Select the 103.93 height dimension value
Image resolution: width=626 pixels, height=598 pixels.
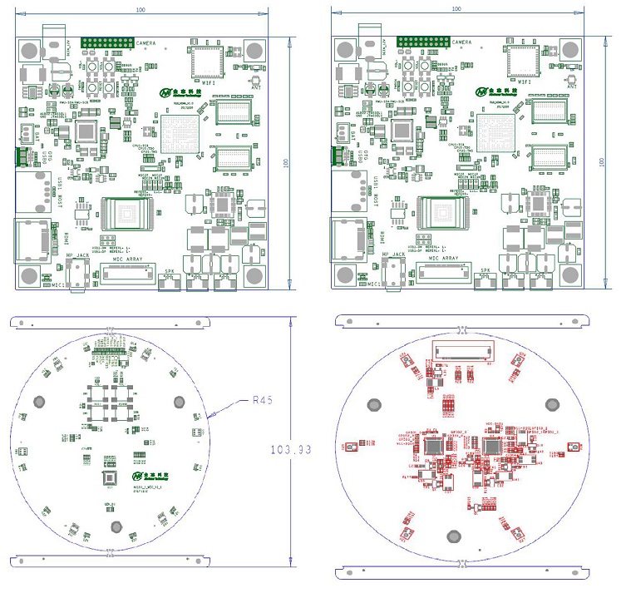pyautogui.click(x=291, y=449)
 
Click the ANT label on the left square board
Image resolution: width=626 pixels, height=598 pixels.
pyautogui.click(x=255, y=84)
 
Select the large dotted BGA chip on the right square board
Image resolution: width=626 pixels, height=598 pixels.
pyautogui.click(x=498, y=134)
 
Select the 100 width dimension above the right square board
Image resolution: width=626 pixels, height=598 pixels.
pyautogui.click(x=456, y=7)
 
